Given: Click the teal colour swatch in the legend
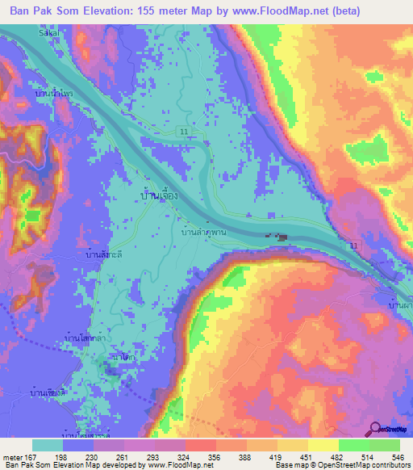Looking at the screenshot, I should coord(48,445).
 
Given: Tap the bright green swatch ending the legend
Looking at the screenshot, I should coord(385,445).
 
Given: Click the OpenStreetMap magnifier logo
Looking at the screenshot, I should coord(377,429).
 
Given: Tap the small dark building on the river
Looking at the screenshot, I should coord(281,237).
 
